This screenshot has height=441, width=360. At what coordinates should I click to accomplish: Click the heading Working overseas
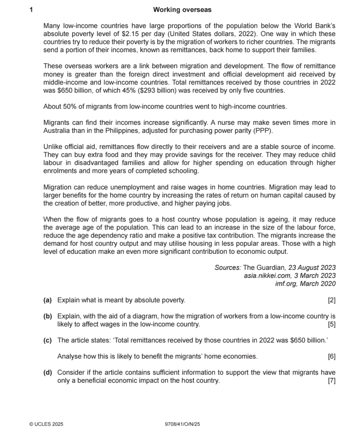tap(182, 10)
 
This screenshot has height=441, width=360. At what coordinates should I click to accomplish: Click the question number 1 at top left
tap(31, 10)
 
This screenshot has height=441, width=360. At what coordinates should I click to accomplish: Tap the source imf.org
tap(286, 284)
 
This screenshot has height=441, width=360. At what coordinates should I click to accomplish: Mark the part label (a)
tap(48, 300)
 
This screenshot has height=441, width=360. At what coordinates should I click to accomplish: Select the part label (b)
tap(48, 317)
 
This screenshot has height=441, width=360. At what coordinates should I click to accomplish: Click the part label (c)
tap(48, 340)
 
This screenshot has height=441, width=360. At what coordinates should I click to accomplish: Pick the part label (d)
tap(48, 373)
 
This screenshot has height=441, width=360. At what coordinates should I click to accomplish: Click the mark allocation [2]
tap(332, 300)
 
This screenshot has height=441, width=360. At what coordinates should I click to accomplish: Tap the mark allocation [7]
tap(332, 381)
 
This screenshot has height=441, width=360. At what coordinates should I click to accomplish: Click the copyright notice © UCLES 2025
tap(46, 424)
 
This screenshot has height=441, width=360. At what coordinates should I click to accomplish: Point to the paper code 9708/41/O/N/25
tap(182, 424)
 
